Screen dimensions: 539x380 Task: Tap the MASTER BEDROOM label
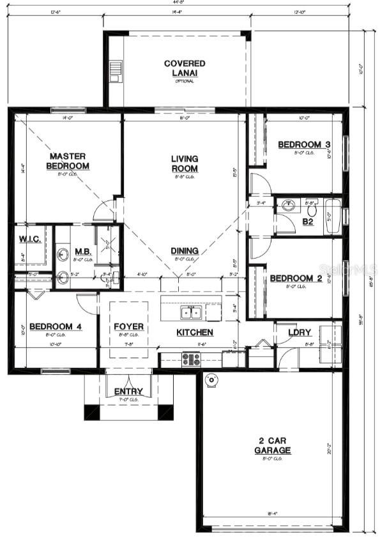(x=69, y=161)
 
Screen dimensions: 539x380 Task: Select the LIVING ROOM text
(x=184, y=163)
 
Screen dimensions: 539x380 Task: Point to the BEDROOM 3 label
(x=303, y=145)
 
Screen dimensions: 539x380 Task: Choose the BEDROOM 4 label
(x=56, y=327)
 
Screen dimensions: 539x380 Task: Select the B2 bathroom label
(x=308, y=222)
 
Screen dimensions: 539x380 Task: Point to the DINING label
(x=184, y=251)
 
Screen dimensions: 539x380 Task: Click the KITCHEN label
(x=195, y=333)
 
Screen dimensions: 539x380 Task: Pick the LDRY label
(x=300, y=333)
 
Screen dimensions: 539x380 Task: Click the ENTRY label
(x=128, y=391)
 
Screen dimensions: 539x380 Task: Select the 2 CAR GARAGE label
(x=275, y=446)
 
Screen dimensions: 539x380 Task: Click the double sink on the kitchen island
(x=190, y=312)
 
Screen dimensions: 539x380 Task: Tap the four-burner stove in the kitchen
(x=191, y=359)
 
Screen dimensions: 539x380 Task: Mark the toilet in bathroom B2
(x=312, y=208)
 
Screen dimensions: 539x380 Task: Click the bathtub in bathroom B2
(x=333, y=211)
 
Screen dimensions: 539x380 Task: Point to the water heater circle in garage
(x=211, y=381)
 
